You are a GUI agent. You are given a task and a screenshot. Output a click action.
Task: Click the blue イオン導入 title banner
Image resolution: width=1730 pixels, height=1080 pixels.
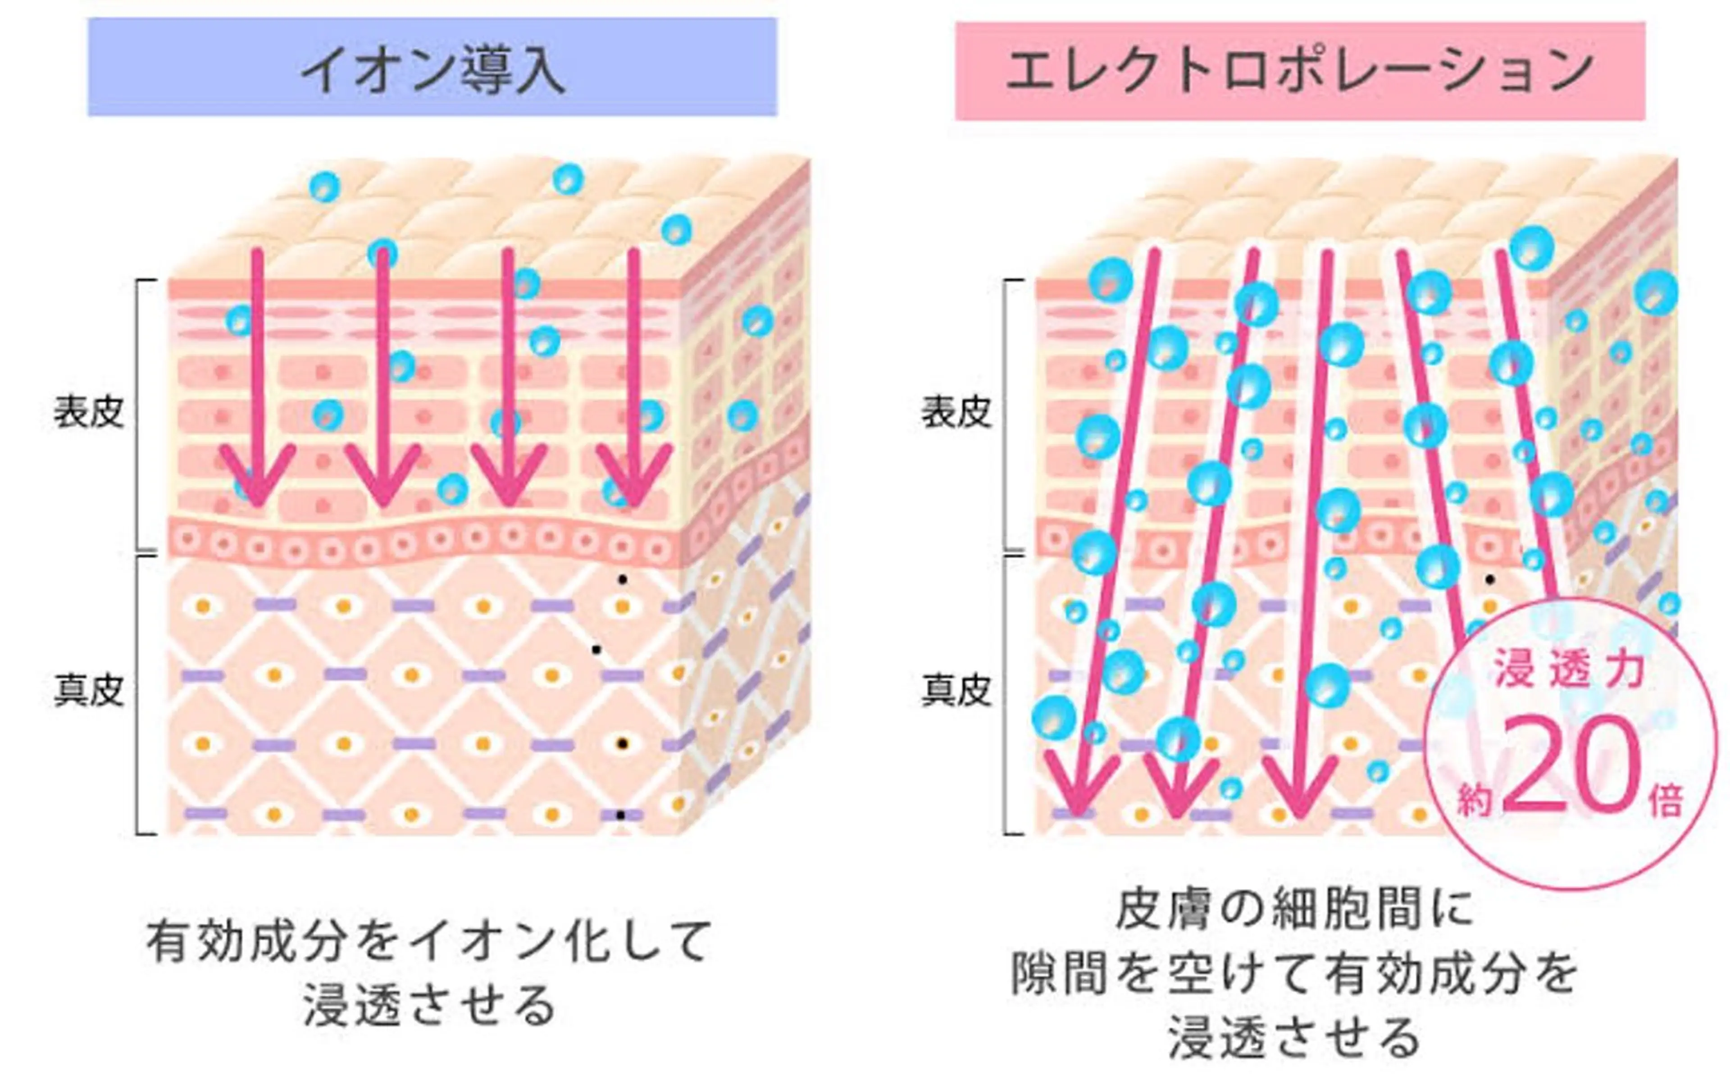click(432, 68)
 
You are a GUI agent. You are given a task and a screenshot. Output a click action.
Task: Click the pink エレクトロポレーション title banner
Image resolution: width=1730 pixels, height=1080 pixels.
click(1299, 72)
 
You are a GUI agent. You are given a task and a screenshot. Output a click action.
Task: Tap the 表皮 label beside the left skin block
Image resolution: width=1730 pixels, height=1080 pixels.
click(89, 413)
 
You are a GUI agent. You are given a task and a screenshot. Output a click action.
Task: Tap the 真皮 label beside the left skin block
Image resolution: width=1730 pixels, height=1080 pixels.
click(89, 691)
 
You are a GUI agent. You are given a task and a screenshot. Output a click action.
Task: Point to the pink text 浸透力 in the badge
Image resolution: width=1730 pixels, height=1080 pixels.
click(1569, 671)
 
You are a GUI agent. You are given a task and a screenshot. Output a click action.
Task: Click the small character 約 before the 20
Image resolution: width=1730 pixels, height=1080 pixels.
click(1475, 800)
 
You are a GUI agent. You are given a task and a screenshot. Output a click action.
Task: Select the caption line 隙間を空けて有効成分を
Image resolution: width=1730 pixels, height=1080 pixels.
click(1294, 974)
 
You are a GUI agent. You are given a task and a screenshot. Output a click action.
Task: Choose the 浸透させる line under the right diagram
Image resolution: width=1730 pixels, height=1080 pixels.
click(1294, 1037)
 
